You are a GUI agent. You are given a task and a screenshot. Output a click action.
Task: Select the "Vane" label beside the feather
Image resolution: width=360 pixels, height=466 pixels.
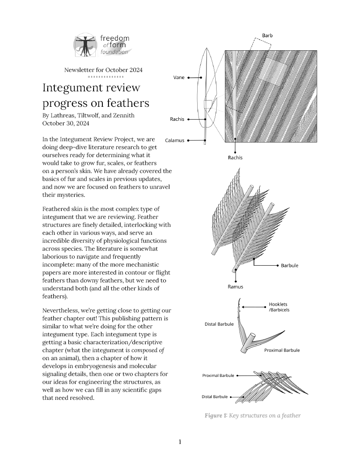pos(178,78)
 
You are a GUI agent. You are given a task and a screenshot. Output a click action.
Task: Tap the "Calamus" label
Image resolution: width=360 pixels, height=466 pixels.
pos(174,141)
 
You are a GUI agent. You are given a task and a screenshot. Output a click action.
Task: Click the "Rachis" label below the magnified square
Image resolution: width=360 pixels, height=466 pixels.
pos(235,158)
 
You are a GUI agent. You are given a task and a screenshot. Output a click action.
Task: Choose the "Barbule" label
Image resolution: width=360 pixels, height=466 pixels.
pos(289,266)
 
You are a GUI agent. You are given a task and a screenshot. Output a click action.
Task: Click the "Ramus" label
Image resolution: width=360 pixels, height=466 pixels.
pos(235,287)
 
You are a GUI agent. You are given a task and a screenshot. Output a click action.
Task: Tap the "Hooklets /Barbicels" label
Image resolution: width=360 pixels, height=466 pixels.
pos(279,307)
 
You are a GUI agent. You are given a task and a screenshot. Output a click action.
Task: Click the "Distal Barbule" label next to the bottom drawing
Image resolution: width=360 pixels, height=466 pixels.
pos(214,397)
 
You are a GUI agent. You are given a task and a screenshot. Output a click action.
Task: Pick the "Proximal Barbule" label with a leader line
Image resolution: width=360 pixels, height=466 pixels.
pos(218,376)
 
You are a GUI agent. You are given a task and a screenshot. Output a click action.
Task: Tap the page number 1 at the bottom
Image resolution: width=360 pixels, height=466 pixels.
pos(180,442)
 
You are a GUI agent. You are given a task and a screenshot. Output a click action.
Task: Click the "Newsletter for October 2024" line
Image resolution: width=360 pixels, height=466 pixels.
pos(103,70)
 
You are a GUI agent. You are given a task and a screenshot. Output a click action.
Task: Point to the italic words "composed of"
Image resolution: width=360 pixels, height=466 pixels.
pos(149,350)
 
